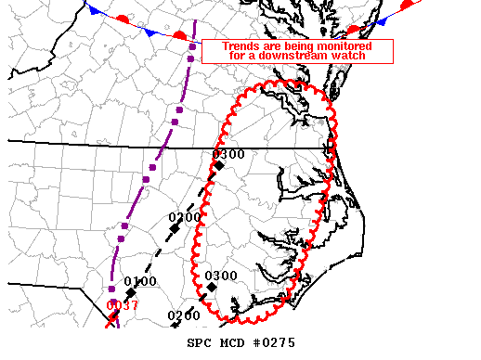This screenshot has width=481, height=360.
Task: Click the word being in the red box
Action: [x=287, y=45]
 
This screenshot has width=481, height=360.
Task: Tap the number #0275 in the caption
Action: [x=274, y=342]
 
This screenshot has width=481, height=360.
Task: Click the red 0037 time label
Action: [x=122, y=305]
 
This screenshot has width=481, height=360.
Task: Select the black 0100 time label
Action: [x=140, y=281]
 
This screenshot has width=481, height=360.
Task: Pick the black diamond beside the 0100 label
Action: [x=130, y=293]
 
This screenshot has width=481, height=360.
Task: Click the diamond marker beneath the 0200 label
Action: [x=175, y=228]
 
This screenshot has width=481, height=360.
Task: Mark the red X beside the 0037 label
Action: [x=111, y=321]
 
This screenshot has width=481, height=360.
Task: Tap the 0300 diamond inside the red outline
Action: [x=212, y=288]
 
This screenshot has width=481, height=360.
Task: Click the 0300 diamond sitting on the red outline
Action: [x=219, y=165]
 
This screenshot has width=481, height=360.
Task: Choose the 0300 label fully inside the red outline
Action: [x=221, y=276]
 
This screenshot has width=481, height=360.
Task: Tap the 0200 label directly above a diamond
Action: [x=185, y=217]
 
